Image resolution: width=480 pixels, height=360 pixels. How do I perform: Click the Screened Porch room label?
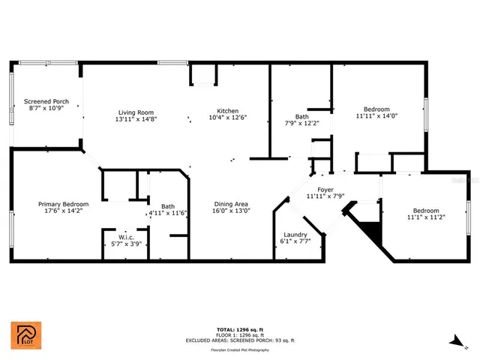tap(46, 101)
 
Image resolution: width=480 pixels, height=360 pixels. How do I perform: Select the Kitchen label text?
tap(228, 111)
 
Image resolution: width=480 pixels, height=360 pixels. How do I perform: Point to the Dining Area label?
tap(230, 205)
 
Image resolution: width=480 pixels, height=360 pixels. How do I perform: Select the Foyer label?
tap(325, 190)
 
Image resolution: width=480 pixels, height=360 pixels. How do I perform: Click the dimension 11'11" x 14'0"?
tap(376, 116)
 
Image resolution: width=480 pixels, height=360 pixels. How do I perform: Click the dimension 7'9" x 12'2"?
tap(301, 123)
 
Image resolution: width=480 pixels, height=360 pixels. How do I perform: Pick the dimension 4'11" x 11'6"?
tap(167, 213)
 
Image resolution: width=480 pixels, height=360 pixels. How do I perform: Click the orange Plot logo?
tap(26, 336)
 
